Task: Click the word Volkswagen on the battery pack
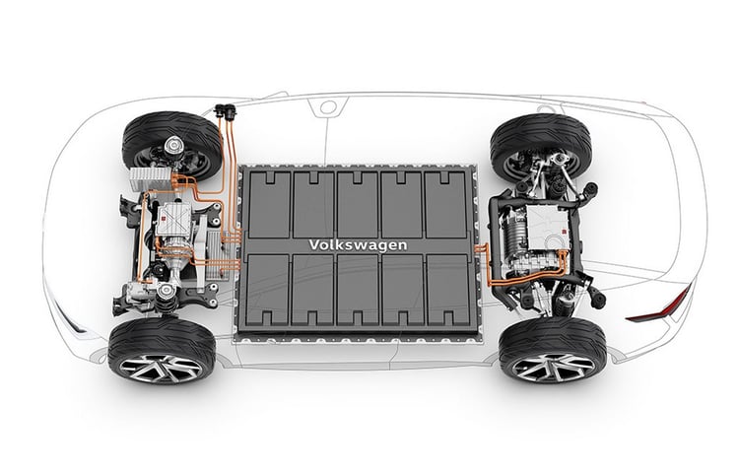(358, 245)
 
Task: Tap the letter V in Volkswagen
(314, 245)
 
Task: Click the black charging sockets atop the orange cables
(226, 111)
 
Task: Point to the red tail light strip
(660, 305)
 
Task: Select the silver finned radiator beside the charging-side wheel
(151, 179)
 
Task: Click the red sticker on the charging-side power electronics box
(163, 218)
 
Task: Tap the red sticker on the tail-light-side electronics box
(564, 231)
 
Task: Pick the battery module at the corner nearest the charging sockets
(269, 204)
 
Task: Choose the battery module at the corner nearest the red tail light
(447, 290)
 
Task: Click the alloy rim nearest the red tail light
(554, 367)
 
